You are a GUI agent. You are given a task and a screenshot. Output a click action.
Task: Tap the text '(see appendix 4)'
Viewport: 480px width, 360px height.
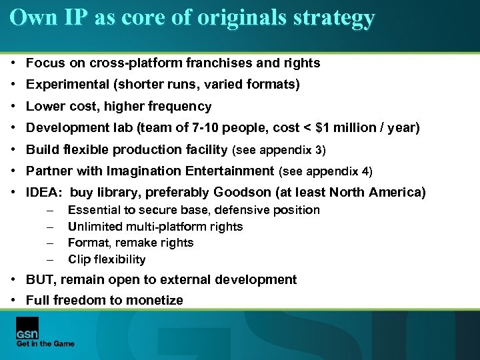point(325,171)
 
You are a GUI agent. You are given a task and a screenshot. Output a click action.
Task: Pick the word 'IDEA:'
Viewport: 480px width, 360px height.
point(45,193)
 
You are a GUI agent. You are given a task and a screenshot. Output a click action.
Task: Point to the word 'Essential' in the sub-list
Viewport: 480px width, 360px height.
point(94,210)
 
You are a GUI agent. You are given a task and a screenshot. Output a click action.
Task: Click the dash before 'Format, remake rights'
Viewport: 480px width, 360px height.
point(50,243)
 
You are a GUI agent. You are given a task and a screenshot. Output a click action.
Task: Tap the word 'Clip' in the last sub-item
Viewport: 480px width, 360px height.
point(79,259)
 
